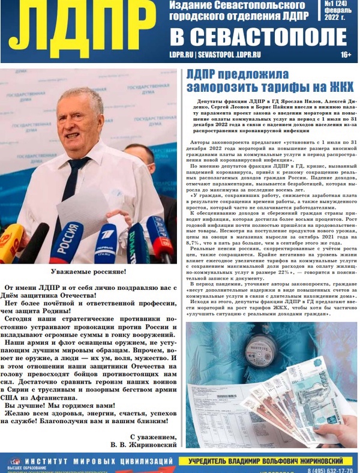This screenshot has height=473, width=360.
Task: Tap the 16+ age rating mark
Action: click(x=346, y=55)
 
